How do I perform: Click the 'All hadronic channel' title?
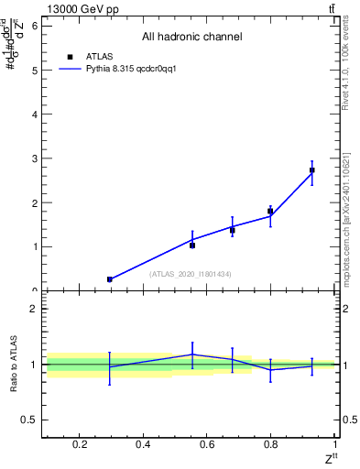pyautogui.click(x=191, y=38)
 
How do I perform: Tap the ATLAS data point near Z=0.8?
pyautogui.click(x=270, y=212)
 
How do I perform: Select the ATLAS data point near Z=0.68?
pyautogui.click(x=233, y=230)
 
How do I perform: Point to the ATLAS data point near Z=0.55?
pyautogui.click(x=192, y=245)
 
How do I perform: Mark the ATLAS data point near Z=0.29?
pyautogui.click(x=110, y=279)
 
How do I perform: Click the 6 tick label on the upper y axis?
pyautogui.click(x=34, y=26)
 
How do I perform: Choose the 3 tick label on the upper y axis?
pyautogui.click(x=34, y=158)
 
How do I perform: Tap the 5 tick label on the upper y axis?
pyautogui.click(x=34, y=71)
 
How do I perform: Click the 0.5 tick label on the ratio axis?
pyautogui.click(x=29, y=420)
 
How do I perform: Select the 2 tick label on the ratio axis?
pyautogui.click(x=34, y=309)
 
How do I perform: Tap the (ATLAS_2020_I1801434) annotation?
pyautogui.click(x=191, y=274)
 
